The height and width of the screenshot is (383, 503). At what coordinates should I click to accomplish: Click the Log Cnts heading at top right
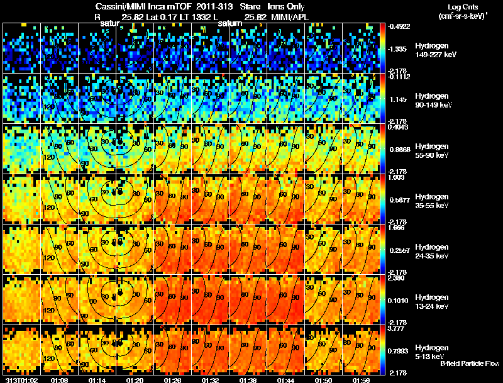click(x=457, y=6)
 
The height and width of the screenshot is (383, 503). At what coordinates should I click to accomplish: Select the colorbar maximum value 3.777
click(x=397, y=328)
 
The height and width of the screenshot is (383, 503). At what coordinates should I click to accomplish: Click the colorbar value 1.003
click(x=397, y=177)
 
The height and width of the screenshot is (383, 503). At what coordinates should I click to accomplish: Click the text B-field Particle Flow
click(x=470, y=364)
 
